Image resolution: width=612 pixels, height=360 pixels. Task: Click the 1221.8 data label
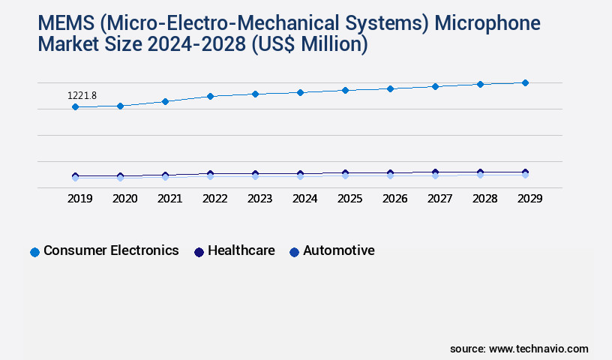(82, 95)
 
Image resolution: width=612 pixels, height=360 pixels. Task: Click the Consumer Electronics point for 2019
(75, 107)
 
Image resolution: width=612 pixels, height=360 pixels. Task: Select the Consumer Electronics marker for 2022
(210, 96)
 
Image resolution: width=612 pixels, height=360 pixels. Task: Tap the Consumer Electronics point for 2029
(525, 82)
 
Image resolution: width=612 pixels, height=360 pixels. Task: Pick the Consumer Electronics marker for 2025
(345, 90)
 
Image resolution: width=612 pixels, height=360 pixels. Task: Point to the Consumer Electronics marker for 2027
(435, 86)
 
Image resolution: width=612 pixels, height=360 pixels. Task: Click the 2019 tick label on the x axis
(79, 199)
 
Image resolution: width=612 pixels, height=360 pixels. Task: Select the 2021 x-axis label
(169, 199)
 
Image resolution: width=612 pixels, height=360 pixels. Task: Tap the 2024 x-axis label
(304, 199)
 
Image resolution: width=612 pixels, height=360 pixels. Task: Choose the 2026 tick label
(394, 199)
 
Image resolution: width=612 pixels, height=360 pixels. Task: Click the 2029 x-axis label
(529, 199)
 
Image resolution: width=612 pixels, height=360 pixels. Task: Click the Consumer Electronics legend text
(111, 250)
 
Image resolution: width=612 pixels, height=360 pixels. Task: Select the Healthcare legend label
(241, 250)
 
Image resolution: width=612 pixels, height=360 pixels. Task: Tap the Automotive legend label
(338, 250)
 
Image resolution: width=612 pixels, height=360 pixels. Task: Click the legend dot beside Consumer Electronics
(34, 252)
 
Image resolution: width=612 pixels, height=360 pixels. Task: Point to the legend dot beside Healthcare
(199, 252)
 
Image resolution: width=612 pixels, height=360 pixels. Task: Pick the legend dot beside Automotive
(294, 252)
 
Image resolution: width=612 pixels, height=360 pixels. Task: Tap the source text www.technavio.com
(538, 349)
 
